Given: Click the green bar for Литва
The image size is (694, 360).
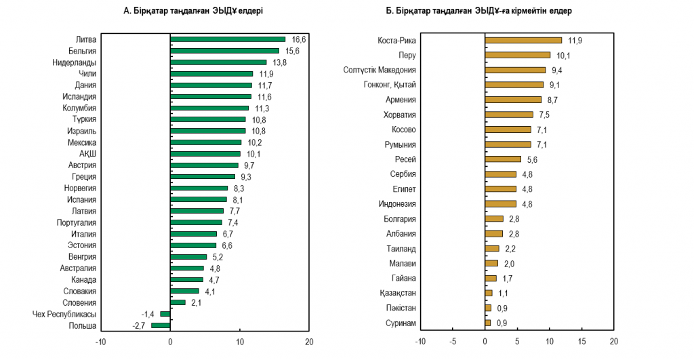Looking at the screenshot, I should coord(227,39).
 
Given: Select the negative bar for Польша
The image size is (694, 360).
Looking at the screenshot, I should coord(161,325).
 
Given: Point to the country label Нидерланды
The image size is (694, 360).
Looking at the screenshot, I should coord(75,62).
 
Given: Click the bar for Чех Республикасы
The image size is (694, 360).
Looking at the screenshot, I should coord(165,314).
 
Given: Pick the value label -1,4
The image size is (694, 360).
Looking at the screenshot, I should coord(148,314).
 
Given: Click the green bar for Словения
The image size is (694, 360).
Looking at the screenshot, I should coord(178,302).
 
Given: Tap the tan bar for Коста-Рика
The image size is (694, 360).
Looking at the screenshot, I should coord(523,40).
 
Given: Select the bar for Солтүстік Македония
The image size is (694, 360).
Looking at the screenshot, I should coord(515,70).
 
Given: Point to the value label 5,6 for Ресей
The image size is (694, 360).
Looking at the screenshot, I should coord(532,159).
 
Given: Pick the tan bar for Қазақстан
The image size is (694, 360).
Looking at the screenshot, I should coord(489,293).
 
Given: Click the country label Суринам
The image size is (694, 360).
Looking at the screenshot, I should coord(401,323).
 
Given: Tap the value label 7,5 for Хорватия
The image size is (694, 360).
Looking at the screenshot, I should coord(544,115).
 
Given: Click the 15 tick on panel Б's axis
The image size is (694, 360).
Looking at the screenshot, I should coord(581,342).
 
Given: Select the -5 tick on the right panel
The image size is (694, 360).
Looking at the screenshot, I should coord(453,342).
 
